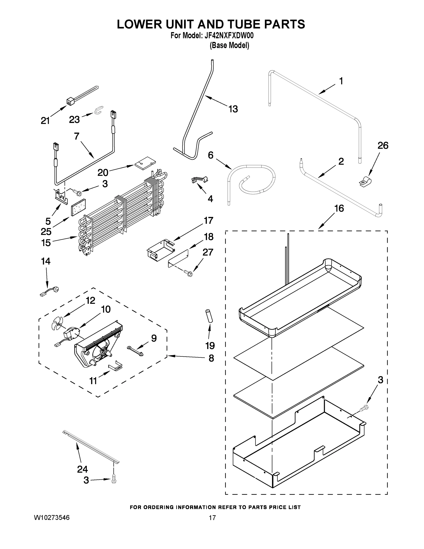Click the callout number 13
[233, 109]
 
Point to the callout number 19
[210, 346]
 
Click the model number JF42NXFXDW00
[229, 36]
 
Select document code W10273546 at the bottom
[52, 518]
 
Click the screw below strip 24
[114, 481]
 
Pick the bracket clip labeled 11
[116, 367]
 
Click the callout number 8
[211, 358]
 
